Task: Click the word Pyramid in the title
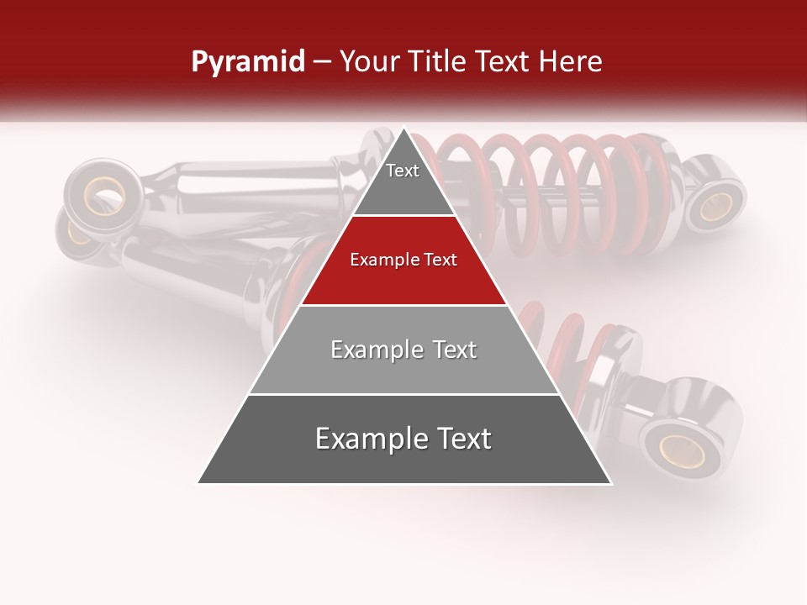(247, 62)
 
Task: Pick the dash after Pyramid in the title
(321, 62)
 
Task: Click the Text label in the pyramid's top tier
(403, 171)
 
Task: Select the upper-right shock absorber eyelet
(716, 205)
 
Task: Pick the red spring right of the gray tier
(580, 345)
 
